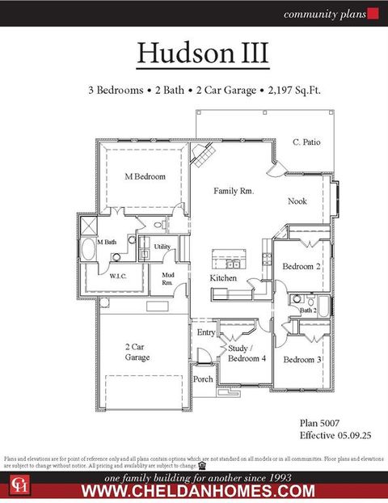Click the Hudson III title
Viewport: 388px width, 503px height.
pos(202,53)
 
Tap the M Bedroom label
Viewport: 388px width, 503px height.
pos(145,176)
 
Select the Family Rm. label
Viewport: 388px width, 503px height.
pos(234,191)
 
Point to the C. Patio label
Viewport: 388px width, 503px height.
pos(306,142)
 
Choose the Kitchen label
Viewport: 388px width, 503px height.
pos(223,277)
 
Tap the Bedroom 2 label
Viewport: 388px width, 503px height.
pos(302,266)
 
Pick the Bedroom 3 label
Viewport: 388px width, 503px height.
pos(302,358)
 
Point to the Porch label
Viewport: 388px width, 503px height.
pos(203,378)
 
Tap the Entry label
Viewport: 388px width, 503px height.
pos(206,332)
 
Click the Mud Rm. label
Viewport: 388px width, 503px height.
pos(167,279)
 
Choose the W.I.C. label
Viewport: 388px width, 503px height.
pos(119,276)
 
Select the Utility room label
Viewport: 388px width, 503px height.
pos(162,247)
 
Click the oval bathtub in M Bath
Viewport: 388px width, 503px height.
pos(88,248)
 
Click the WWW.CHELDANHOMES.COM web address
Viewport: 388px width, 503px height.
pos(198,491)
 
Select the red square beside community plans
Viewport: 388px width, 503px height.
pos(373,13)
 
